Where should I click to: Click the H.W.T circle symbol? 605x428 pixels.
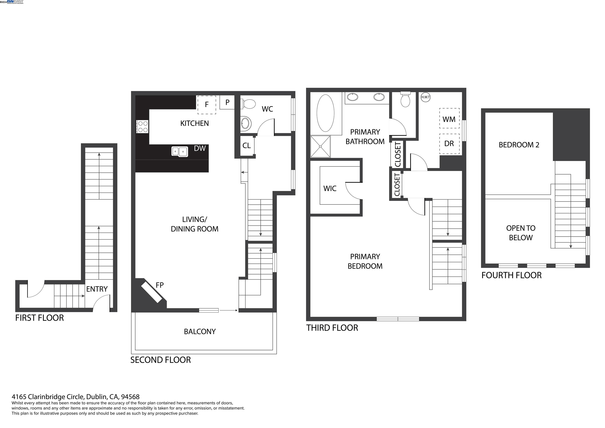tap(425, 97)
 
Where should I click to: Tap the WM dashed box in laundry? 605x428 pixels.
tap(449, 118)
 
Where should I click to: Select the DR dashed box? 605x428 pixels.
tap(449, 144)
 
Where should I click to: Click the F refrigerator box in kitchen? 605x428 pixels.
tap(207, 105)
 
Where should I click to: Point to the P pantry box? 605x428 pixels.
tap(227, 102)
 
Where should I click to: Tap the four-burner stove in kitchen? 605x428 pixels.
tap(143, 127)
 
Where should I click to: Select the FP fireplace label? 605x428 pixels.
tap(160, 285)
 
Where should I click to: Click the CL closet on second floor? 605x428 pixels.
tap(247, 146)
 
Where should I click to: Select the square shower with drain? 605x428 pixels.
tap(320, 146)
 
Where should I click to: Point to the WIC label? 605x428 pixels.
tap(330, 189)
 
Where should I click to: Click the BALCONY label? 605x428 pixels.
tap(200, 332)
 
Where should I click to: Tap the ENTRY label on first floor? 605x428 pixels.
tap(97, 289)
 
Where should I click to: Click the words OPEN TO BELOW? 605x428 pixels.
tap(521, 233)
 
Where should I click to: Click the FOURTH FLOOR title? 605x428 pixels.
tap(511, 275)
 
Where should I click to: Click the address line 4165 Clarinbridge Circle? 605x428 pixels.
tap(76, 397)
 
